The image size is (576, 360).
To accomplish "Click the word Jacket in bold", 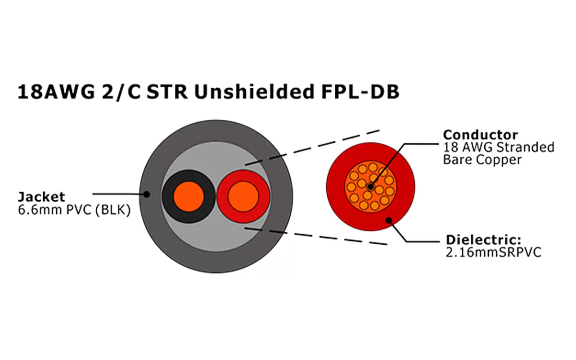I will click(x=41, y=197).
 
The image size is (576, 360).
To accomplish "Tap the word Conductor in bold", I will click(x=480, y=135).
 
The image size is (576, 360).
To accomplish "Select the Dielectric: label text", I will click(x=483, y=240).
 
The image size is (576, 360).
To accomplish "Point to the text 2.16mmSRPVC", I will click(x=492, y=252).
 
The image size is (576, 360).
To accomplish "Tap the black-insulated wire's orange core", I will click(x=189, y=197).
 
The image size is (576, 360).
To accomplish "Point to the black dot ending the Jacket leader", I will click(x=147, y=194).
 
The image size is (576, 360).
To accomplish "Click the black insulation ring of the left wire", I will click(x=168, y=197).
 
